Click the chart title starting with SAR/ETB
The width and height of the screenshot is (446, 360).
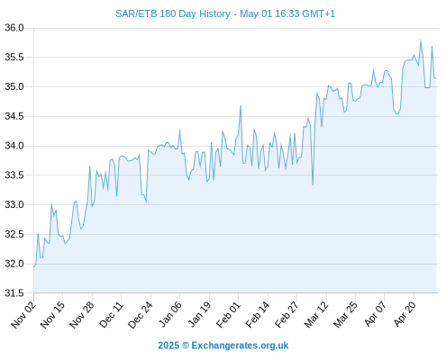coord(225,13)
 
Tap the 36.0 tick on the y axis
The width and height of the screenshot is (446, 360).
coord(14,28)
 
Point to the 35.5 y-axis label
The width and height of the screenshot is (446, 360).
coord(14,57)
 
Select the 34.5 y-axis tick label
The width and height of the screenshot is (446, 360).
coord(14,116)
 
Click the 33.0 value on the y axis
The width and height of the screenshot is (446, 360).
coord(14,204)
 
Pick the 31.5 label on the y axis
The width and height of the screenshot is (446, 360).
coord(14,293)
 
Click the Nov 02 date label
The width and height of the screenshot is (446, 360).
coord(23,314)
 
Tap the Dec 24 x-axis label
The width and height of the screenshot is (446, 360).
coord(141,314)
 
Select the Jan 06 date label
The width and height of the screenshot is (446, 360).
coord(169,314)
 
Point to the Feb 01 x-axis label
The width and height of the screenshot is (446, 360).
coord(228,314)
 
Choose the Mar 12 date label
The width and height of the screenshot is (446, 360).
coord(316,314)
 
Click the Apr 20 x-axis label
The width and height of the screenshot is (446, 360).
coord(405,314)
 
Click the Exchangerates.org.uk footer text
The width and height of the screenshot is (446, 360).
coord(240,346)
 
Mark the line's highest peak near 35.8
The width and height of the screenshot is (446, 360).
coord(421,40)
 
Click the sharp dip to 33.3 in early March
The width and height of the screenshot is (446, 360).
coord(313,184)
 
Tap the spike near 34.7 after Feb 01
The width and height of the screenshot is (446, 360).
coord(241,105)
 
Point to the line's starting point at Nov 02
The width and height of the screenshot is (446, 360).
coord(34,267)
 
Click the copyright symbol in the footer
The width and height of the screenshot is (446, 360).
coord(186,346)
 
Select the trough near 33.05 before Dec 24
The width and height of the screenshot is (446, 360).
coord(146,202)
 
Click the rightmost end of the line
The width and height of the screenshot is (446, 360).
coord(436,78)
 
